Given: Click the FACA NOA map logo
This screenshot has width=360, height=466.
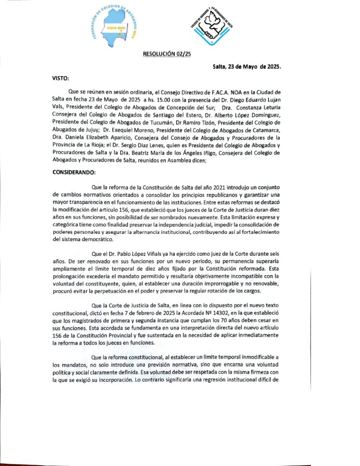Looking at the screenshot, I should click(x=117, y=27).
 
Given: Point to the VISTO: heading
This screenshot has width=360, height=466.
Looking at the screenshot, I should click(x=61, y=78).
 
